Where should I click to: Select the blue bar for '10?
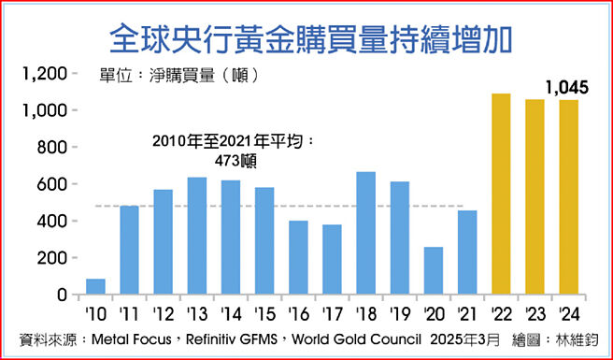tap(95, 286)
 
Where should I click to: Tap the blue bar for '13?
tap(197, 236)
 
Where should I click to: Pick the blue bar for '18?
tap(366, 233)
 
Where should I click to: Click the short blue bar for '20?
tap(433, 270)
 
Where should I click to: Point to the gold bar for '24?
tap(567, 197)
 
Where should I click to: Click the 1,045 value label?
tap(565, 88)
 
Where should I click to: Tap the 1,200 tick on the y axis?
tap(44, 74)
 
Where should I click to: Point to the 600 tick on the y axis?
tap(52, 184)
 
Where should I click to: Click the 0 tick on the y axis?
tap(62, 295)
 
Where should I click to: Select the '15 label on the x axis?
tap(264, 311)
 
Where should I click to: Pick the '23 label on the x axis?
tap(534, 311)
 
